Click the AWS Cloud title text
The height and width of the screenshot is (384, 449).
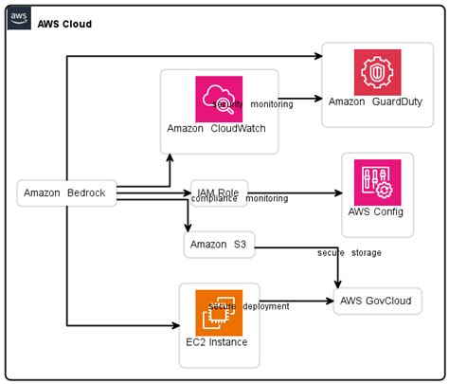point(64,23)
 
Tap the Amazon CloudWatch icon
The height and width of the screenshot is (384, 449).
point(219,98)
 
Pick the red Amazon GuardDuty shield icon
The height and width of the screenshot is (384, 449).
point(377,72)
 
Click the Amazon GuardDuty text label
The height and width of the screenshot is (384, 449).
point(375,101)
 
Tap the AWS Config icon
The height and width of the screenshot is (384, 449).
point(377,181)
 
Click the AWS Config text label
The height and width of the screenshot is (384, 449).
point(377,211)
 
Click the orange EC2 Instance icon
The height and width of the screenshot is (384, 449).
point(219,312)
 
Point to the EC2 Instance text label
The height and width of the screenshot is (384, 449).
point(219,341)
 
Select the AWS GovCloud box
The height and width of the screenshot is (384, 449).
point(376,302)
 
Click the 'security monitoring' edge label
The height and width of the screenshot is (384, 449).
point(256,104)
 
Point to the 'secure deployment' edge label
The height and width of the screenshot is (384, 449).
point(249,306)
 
